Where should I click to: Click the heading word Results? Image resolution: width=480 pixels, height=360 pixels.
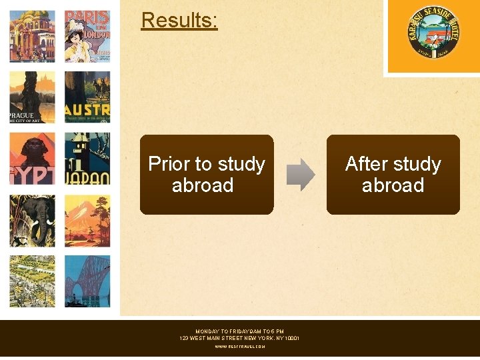click(179, 21)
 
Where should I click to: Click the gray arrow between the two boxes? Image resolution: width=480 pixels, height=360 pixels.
click(301, 175)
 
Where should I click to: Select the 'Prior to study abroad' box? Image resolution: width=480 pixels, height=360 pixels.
click(207, 175)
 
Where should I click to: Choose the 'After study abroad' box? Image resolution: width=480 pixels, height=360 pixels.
click(393, 175)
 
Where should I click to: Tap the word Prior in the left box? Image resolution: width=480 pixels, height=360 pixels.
click(170, 164)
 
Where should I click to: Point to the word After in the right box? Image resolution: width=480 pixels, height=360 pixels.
click(366, 164)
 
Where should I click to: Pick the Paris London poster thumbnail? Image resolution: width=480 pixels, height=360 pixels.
click(87, 36)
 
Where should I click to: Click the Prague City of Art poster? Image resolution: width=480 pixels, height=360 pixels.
click(32, 97)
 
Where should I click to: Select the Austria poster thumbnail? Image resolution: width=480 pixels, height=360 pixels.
click(87, 97)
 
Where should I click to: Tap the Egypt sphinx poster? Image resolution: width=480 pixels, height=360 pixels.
click(32, 159)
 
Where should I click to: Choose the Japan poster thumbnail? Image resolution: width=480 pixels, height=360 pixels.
click(87, 159)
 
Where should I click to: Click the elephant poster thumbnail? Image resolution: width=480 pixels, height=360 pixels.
click(32, 221)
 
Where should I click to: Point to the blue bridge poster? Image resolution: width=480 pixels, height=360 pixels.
click(87, 281)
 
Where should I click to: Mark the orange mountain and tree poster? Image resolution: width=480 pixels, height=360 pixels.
click(87, 221)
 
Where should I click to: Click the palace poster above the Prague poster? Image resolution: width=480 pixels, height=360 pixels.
click(32, 36)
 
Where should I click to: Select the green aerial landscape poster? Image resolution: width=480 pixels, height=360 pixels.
click(32, 281)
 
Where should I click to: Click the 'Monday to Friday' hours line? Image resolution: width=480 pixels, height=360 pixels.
click(239, 331)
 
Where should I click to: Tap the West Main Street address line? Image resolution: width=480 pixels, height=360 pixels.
click(239, 339)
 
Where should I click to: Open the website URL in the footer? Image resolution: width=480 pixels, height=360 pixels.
click(239, 347)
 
